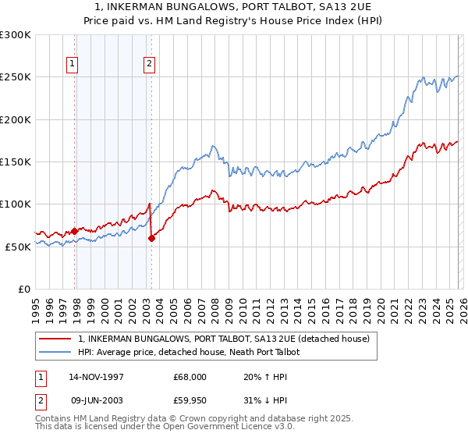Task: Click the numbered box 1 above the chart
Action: [72, 65]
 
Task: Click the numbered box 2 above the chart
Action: [148, 65]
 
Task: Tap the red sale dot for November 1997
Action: [75, 231]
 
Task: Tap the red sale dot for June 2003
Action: [151, 238]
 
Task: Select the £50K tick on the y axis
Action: [18, 246]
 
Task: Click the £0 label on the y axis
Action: [24, 288]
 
